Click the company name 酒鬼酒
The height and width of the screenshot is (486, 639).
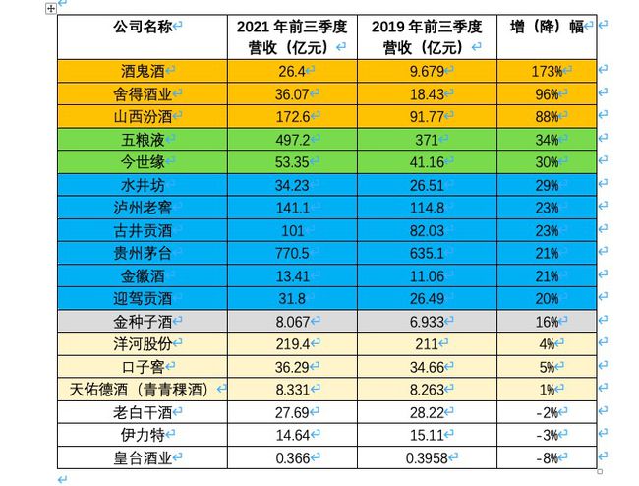click(x=139, y=71)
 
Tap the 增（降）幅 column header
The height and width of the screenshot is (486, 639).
click(x=548, y=26)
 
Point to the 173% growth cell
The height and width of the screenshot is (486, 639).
click(x=546, y=71)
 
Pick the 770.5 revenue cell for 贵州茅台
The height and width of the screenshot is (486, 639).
click(x=292, y=252)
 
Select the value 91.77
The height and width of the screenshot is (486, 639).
click(x=424, y=116)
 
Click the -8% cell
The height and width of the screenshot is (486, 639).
click(x=546, y=456)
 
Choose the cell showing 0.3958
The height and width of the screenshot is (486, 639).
click(x=424, y=456)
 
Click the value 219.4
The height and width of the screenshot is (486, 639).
click(x=292, y=343)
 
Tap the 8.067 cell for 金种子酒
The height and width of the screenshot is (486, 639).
click(x=292, y=321)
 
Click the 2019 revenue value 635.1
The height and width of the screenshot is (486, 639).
click(x=424, y=252)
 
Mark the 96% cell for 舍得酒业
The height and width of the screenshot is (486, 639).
click(x=546, y=93)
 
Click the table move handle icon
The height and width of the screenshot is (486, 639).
click(x=51, y=8)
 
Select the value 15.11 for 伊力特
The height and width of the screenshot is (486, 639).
click(x=424, y=434)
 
